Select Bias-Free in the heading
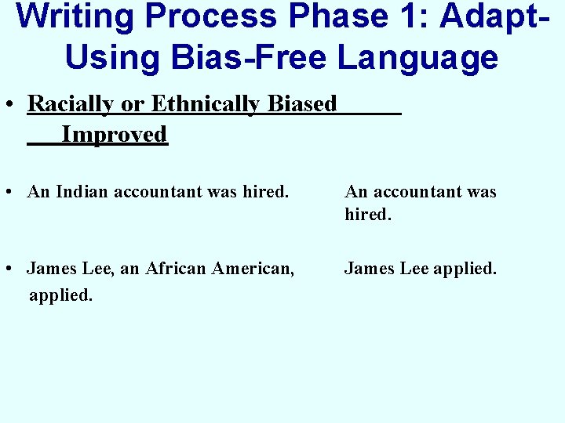click(x=250, y=58)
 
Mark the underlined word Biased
click(x=302, y=104)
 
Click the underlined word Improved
click(x=115, y=135)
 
